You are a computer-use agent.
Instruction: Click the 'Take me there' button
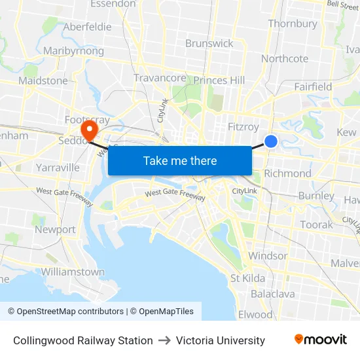coord(180,160)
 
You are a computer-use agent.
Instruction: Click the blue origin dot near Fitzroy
coord(271,141)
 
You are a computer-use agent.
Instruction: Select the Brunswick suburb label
coord(209,43)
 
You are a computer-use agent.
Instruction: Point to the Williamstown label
coord(72,272)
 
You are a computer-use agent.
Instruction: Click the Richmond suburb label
coord(287,173)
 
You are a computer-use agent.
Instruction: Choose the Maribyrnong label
coord(73,51)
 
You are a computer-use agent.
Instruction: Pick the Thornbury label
coord(293,24)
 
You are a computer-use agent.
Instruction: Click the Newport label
coord(55,230)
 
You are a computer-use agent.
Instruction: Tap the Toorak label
coord(316,225)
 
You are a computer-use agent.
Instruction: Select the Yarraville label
coord(58,168)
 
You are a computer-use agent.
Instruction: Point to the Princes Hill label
coord(219,81)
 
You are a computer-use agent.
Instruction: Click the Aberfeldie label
coord(87,27)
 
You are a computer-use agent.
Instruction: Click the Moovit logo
coord(320,340)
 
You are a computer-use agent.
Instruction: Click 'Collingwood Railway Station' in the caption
coord(82,340)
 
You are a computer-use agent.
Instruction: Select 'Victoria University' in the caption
coord(221,340)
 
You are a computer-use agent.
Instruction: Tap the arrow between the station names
coord(164,340)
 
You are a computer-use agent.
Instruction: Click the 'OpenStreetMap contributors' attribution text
coord(66,312)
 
